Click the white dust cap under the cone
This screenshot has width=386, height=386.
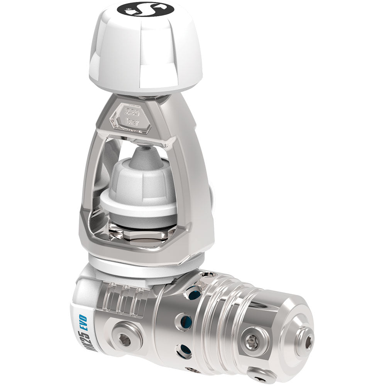(x=139, y=189)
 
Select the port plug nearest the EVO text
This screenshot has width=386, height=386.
(x=123, y=340)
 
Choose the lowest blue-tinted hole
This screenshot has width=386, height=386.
(x=184, y=351)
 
